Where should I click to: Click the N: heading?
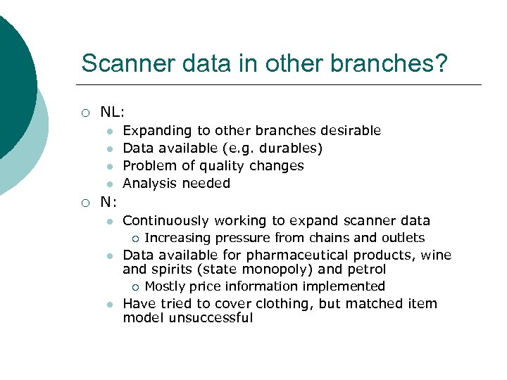point(108,203)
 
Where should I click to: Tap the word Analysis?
point(148,184)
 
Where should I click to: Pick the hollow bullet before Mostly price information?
point(135,287)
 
